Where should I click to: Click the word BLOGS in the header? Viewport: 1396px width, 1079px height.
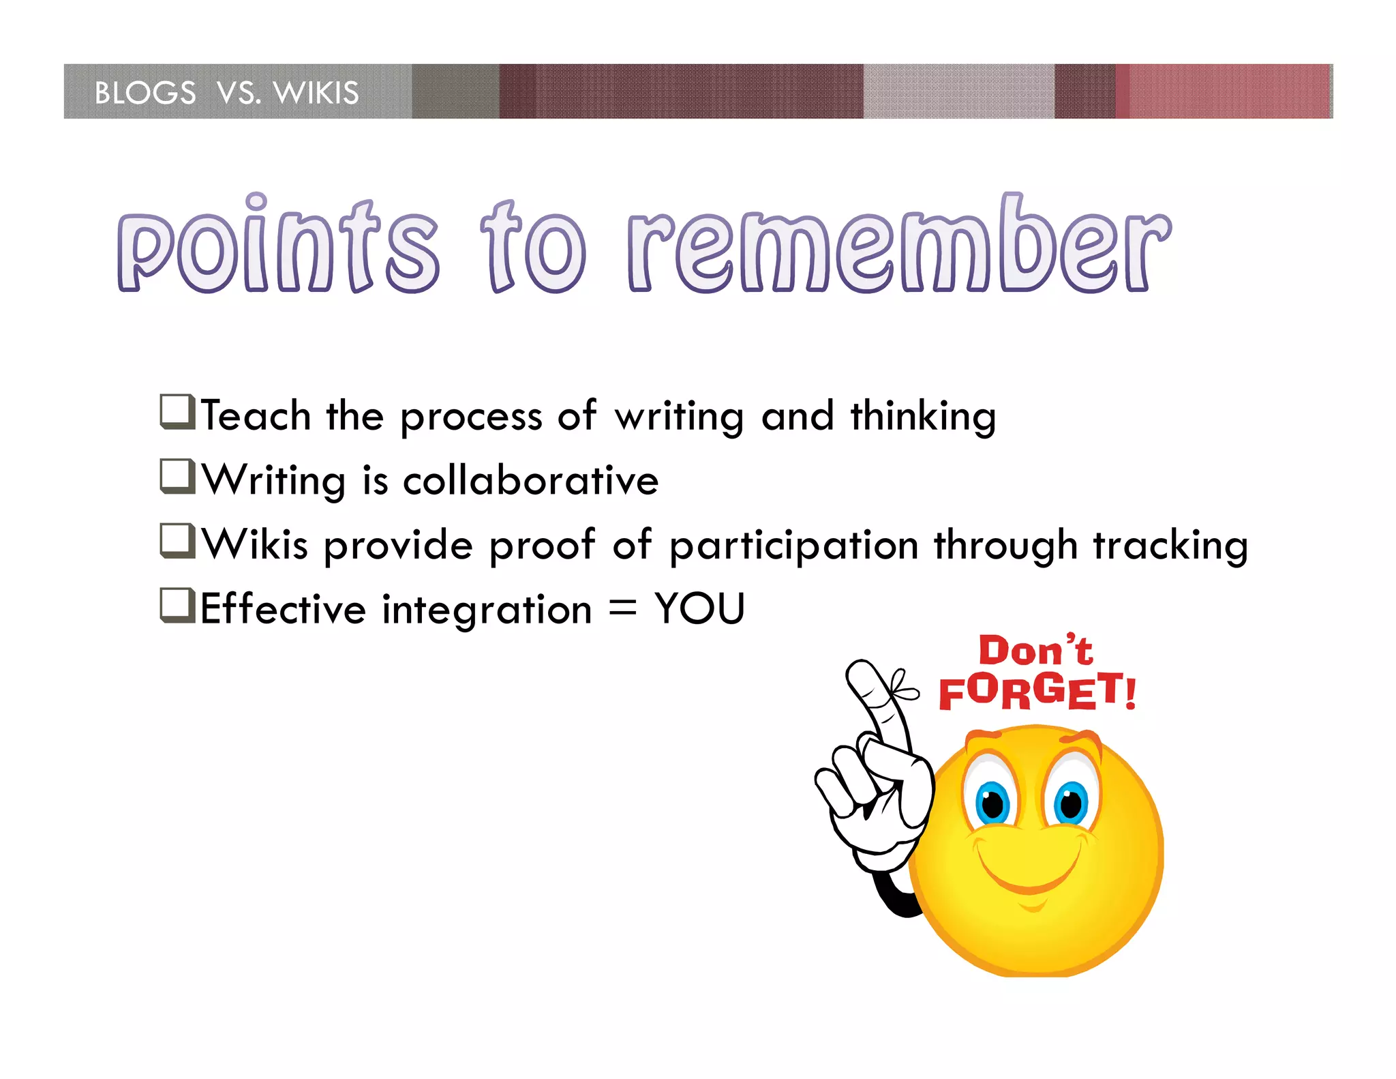click(145, 93)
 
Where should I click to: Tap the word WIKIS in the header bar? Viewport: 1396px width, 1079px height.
click(316, 93)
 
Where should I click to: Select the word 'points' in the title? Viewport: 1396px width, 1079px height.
click(277, 249)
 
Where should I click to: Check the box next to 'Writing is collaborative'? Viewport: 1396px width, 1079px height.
click(177, 476)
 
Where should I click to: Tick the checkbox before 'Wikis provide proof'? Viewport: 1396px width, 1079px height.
click(177, 541)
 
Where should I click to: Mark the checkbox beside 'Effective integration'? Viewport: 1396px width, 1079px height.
click(177, 605)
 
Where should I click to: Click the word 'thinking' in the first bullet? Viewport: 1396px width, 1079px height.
click(923, 417)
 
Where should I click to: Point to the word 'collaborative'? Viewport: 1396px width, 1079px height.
click(531, 480)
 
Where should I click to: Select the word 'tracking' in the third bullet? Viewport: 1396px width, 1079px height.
click(1170, 546)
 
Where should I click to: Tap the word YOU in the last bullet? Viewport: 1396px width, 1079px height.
click(699, 608)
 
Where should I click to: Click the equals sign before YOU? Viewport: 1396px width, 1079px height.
click(622, 607)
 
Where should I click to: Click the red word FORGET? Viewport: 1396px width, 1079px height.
click(1037, 691)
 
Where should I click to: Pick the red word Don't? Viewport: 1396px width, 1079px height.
click(1035, 650)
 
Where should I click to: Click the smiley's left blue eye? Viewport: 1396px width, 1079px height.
click(992, 803)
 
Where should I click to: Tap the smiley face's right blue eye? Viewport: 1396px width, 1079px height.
click(1071, 802)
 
